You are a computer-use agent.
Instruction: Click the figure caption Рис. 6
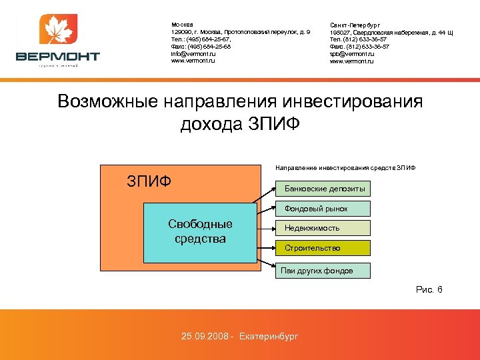point(429,289)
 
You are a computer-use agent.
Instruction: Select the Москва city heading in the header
point(182,25)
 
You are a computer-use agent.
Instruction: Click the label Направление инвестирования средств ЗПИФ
point(345,167)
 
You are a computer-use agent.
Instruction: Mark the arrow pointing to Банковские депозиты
point(267,195)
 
